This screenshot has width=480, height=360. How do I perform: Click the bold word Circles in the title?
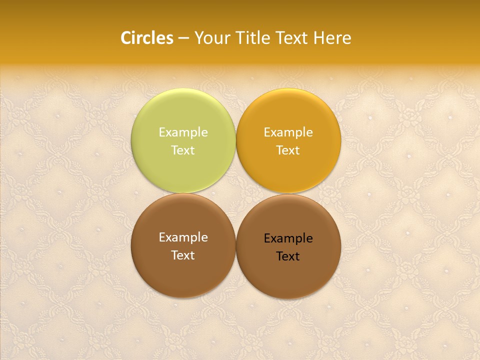coord(147,38)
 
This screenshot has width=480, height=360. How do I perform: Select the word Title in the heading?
coord(253,38)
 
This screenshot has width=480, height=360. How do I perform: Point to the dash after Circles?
coord(183,38)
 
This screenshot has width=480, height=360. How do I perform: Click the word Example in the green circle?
coord(183,132)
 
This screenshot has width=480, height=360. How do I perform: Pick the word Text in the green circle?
coord(183,150)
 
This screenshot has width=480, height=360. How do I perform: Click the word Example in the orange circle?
coord(288,132)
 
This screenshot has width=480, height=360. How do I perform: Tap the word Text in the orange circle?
coord(288,150)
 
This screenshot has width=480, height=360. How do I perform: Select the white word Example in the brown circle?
coord(183,238)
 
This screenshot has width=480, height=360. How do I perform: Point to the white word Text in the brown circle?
coord(183,255)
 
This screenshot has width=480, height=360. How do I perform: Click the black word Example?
coord(288,239)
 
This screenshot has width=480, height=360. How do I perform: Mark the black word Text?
coord(288,256)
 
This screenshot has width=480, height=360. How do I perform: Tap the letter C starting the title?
coord(125,38)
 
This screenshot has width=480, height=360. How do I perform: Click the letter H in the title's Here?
coord(318,38)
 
